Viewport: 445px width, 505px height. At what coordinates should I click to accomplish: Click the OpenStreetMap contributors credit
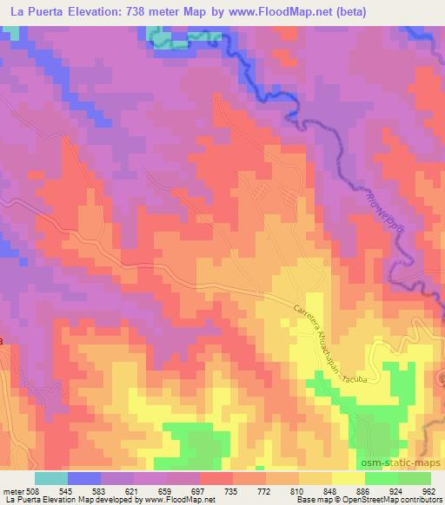pos(383,501)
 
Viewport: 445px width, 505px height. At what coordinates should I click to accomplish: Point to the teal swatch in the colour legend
pos(51,478)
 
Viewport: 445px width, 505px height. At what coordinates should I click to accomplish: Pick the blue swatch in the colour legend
pos(84,478)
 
